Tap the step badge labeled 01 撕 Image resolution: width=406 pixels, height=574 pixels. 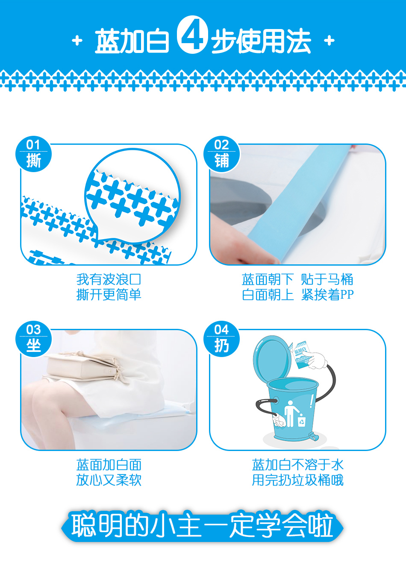pyautogui.click(x=34, y=154)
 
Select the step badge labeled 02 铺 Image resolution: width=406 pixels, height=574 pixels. pyautogui.click(x=222, y=154)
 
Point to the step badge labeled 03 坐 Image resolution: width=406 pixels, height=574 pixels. pyautogui.click(x=34, y=339)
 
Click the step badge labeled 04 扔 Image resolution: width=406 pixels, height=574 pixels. pyautogui.click(x=222, y=339)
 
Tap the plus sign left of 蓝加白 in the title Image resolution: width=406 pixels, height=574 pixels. pyautogui.click(x=77, y=41)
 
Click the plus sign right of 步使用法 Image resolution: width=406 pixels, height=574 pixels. pyautogui.click(x=330, y=41)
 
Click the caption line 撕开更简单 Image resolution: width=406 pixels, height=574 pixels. pyautogui.click(x=109, y=294)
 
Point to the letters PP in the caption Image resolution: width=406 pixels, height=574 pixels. pyautogui.click(x=347, y=295)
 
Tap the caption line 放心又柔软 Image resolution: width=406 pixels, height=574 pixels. pyautogui.click(x=109, y=480)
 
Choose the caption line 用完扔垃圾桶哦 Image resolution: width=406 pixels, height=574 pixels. pyautogui.click(x=297, y=480)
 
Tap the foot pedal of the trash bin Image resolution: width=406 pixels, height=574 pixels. pyautogui.click(x=314, y=436)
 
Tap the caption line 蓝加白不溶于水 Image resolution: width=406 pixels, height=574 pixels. pyautogui.click(x=297, y=465)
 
